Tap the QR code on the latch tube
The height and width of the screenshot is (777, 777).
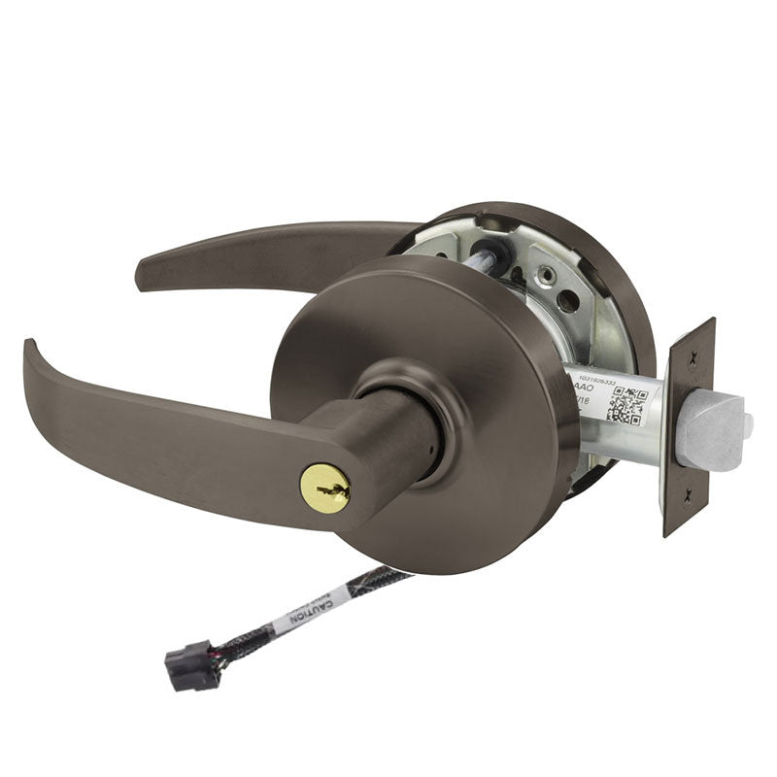627,406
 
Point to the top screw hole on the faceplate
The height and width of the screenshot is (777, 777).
692,359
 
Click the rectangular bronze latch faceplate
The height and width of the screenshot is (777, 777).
689,427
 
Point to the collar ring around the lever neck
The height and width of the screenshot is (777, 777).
408,388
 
